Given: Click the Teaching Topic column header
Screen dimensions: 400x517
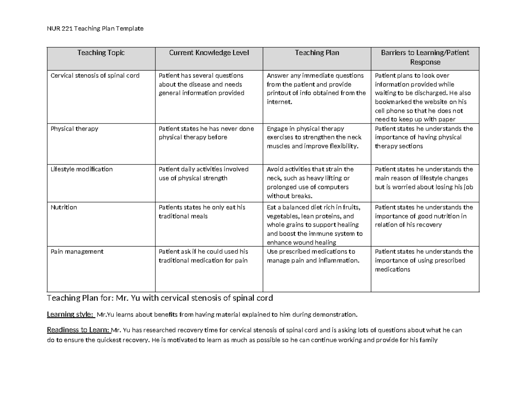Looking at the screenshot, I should (101, 53).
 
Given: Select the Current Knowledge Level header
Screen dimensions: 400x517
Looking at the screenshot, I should (209, 53).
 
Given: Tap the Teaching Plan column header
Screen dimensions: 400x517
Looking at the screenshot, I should (317, 53).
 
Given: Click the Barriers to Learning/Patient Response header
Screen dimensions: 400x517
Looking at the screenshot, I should (425, 57).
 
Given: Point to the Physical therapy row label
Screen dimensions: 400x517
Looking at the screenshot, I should (74, 129).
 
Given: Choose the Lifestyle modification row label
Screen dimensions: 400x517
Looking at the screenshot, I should (81, 169).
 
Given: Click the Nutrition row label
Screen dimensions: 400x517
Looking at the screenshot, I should (64, 207).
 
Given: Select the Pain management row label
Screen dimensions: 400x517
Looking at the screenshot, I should (77, 252).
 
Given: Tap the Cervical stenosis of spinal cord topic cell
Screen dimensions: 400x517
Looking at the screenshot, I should (95, 76).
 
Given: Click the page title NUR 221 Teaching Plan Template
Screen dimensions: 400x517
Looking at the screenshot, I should (95, 28).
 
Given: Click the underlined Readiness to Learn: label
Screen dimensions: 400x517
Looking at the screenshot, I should (78, 331).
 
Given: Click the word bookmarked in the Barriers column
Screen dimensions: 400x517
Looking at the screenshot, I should (393, 102).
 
